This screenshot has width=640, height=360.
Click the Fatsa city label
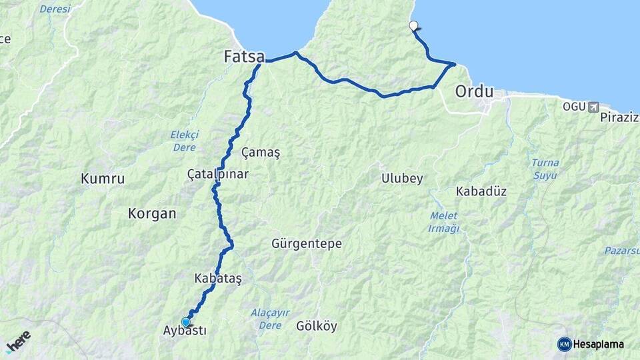pos(243,57)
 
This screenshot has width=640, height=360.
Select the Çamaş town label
pos(261,153)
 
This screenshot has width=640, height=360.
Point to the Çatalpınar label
pos(218,174)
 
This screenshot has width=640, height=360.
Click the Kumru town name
pos(103,179)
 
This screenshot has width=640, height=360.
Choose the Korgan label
pos(152,214)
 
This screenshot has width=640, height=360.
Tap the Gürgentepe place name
pos(307,244)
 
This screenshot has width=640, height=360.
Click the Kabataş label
pos(218,279)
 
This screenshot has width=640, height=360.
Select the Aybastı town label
pos(185,331)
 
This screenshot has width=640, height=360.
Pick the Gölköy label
pos(317,327)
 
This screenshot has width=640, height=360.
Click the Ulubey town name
pos(402,179)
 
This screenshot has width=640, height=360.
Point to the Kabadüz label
pos(481,191)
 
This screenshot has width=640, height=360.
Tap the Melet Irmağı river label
pos(444,223)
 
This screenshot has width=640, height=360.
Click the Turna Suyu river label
pos(545,169)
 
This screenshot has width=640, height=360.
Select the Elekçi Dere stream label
pos(185,141)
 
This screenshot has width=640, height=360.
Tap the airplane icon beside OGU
pos(593,107)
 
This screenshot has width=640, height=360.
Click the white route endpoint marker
pos(413,26)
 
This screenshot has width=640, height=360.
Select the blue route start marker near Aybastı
pos(186,322)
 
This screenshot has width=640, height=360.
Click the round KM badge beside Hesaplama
pos(565,344)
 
